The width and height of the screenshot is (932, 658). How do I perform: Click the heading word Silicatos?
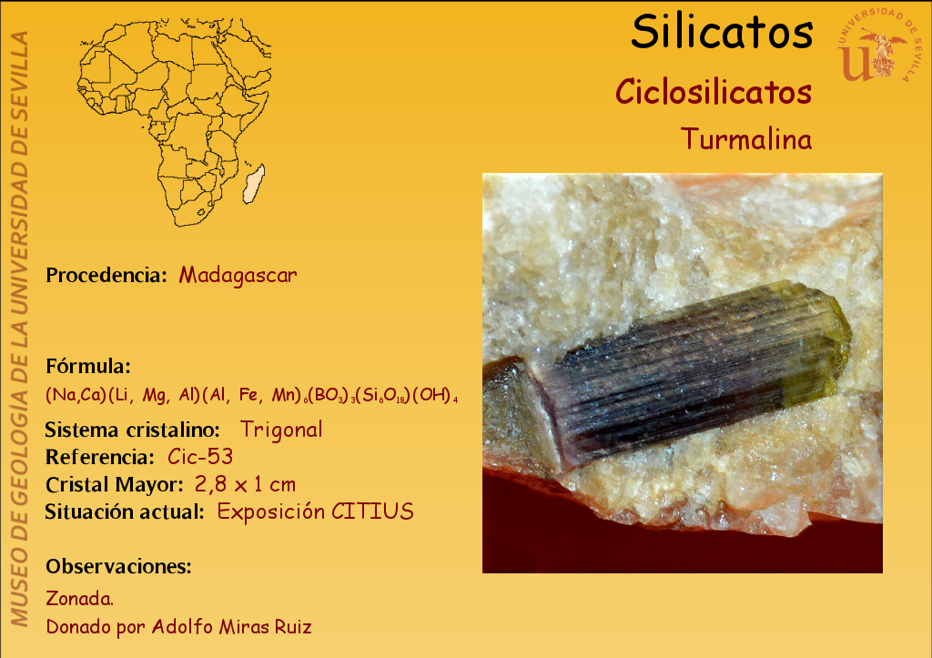click(722, 32)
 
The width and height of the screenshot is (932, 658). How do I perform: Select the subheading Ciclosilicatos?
click(714, 92)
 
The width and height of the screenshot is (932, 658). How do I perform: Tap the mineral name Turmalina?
click(746, 139)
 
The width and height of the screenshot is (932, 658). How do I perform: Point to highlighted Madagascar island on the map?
click(254, 184)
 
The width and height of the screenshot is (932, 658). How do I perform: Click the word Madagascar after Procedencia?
click(238, 275)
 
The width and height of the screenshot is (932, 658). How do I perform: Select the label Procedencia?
click(106, 275)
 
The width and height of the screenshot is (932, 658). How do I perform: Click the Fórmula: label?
click(88, 366)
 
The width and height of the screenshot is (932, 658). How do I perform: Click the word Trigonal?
click(281, 430)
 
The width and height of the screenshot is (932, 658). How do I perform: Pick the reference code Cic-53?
click(200, 457)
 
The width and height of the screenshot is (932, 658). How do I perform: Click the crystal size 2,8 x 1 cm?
click(245, 484)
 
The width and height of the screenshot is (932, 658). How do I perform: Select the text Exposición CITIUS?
click(315, 511)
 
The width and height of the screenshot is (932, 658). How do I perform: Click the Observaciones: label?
click(119, 566)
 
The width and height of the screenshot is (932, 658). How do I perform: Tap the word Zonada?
click(80, 598)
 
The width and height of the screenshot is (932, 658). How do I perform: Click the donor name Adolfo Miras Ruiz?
click(232, 626)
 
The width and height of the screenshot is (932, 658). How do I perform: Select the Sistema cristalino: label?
click(132, 430)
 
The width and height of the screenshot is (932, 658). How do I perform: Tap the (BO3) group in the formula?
click(331, 395)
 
